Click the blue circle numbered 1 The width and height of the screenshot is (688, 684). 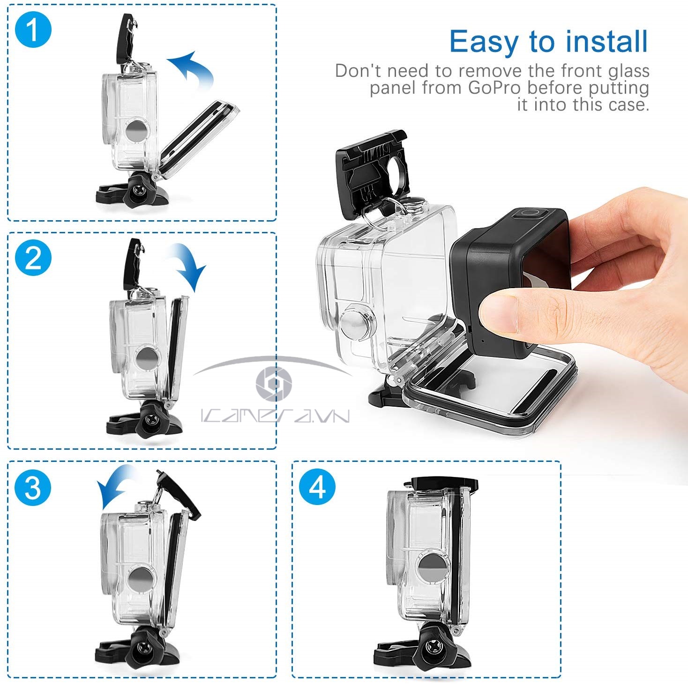[33, 30]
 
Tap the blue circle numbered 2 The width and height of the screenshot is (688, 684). [33, 258]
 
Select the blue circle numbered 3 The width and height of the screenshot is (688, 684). [33, 488]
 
